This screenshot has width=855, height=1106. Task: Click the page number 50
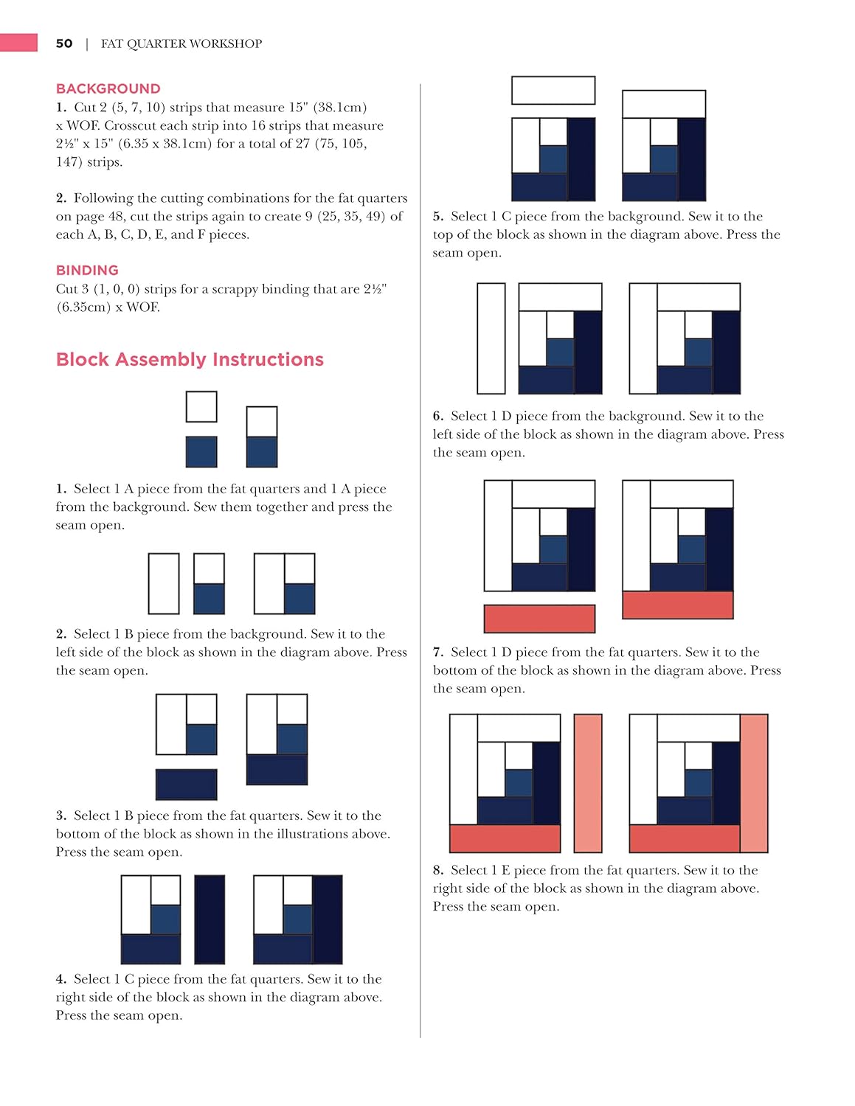pyautogui.click(x=64, y=44)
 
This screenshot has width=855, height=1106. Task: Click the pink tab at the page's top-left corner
pyautogui.click(x=18, y=43)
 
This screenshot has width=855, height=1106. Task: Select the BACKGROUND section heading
pyautogui.click(x=108, y=88)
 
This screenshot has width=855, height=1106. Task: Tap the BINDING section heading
pyautogui.click(x=87, y=270)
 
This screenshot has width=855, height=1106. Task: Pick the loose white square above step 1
pyautogui.click(x=201, y=407)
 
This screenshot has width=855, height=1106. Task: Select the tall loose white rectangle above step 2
pyautogui.click(x=164, y=584)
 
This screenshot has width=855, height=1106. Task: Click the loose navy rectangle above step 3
pyautogui.click(x=187, y=785)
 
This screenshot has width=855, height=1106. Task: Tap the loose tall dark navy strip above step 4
pyautogui.click(x=210, y=919)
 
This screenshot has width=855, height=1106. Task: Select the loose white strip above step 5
pyautogui.click(x=553, y=90)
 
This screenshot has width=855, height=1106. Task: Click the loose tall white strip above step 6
pyautogui.click(x=491, y=338)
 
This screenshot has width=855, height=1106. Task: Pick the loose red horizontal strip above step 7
pyautogui.click(x=539, y=619)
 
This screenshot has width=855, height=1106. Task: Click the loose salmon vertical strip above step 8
pyautogui.click(x=588, y=783)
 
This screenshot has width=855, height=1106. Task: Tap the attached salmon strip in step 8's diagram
pyautogui.click(x=754, y=783)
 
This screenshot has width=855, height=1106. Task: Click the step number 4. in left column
pyautogui.click(x=61, y=979)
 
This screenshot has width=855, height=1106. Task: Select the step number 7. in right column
pyautogui.click(x=438, y=652)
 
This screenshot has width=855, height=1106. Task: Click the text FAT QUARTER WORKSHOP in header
pyautogui.click(x=181, y=44)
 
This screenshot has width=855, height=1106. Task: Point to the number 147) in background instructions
pyautogui.click(x=70, y=161)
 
